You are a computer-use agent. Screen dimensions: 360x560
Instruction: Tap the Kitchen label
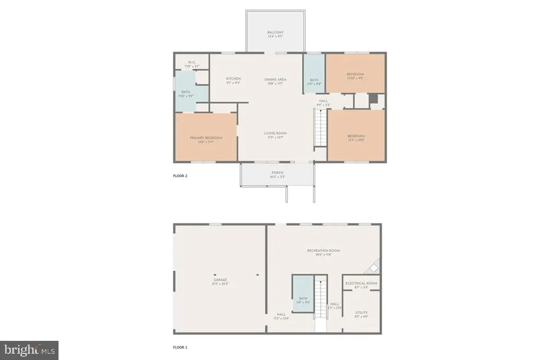(x=234, y=79)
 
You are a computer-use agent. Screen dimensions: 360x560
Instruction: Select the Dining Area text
(x=275, y=79)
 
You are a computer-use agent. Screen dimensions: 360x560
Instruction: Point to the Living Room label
(x=275, y=133)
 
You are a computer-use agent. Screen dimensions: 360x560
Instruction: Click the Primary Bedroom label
(x=206, y=138)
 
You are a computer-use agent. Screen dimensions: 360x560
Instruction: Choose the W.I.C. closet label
(x=191, y=62)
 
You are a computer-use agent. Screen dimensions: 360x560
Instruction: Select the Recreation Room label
(x=323, y=251)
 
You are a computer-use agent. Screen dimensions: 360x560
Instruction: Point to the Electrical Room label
(x=361, y=283)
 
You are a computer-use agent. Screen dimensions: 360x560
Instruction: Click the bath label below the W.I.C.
(x=186, y=92)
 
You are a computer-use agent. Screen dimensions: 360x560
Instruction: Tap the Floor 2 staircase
(x=319, y=127)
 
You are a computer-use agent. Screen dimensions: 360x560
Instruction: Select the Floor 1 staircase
(x=320, y=304)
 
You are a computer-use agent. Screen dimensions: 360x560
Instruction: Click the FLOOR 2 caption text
(x=180, y=177)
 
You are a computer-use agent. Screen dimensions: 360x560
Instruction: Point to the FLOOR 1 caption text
(x=180, y=347)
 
